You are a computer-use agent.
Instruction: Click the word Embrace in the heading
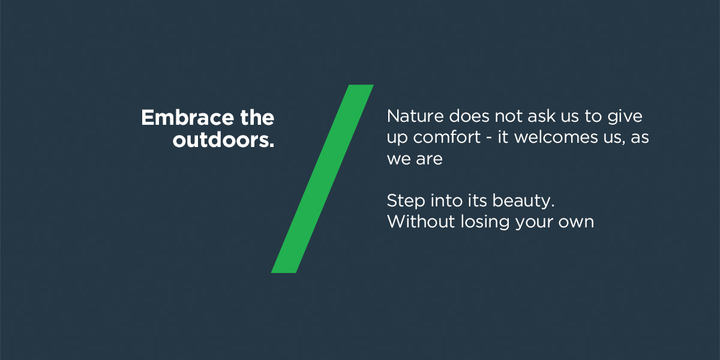pyautogui.click(x=188, y=118)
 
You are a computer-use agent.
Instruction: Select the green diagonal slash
pyautogui.click(x=322, y=179)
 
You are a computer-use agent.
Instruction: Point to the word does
pyautogui.click(x=469, y=116)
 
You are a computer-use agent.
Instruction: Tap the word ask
pyautogui.click(x=542, y=116)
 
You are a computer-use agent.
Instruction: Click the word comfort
pyautogui.click(x=447, y=137)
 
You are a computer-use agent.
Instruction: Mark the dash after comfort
pyautogui.click(x=489, y=139)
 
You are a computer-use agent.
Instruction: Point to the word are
pyautogui.click(x=429, y=160)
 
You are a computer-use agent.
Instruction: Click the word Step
pyautogui.click(x=406, y=201)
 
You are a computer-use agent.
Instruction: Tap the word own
pyautogui.click(x=576, y=223)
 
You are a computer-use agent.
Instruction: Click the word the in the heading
pyautogui.click(x=257, y=118)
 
